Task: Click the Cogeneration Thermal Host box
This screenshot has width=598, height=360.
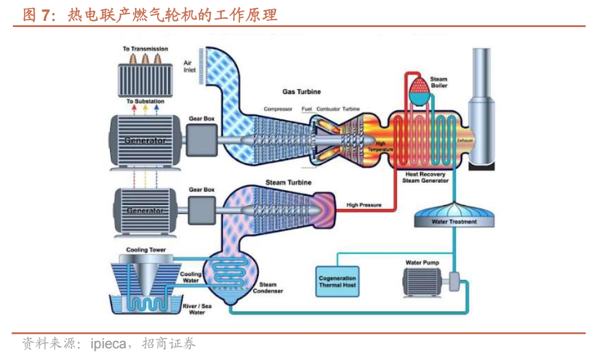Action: pyautogui.click(x=337, y=282)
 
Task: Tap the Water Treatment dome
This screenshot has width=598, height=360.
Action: pyautogui.click(x=454, y=217)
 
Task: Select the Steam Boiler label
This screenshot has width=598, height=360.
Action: pyautogui.click(x=438, y=82)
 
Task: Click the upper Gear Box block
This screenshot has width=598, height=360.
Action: pyautogui.click(x=201, y=140)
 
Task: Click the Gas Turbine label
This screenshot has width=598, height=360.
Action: pyautogui.click(x=301, y=92)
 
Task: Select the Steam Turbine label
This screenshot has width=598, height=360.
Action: pyautogui.click(x=288, y=183)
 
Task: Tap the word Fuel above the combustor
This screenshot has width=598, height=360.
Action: pyautogui.click(x=307, y=109)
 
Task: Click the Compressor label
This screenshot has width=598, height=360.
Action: pyautogui.click(x=278, y=109)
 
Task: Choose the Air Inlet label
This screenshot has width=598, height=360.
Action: pyautogui.click(x=190, y=66)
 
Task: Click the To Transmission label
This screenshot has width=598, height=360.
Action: pyautogui.click(x=145, y=49)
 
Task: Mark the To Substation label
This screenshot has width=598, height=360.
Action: pyautogui.click(x=145, y=101)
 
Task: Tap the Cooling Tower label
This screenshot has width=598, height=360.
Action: pyautogui.click(x=146, y=250)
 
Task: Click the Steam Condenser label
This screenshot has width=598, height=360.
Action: pyautogui.click(x=268, y=287)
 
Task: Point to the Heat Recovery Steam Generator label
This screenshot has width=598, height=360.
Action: pyautogui.click(x=426, y=177)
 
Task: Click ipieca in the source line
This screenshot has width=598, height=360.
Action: pyautogui.click(x=108, y=343)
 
